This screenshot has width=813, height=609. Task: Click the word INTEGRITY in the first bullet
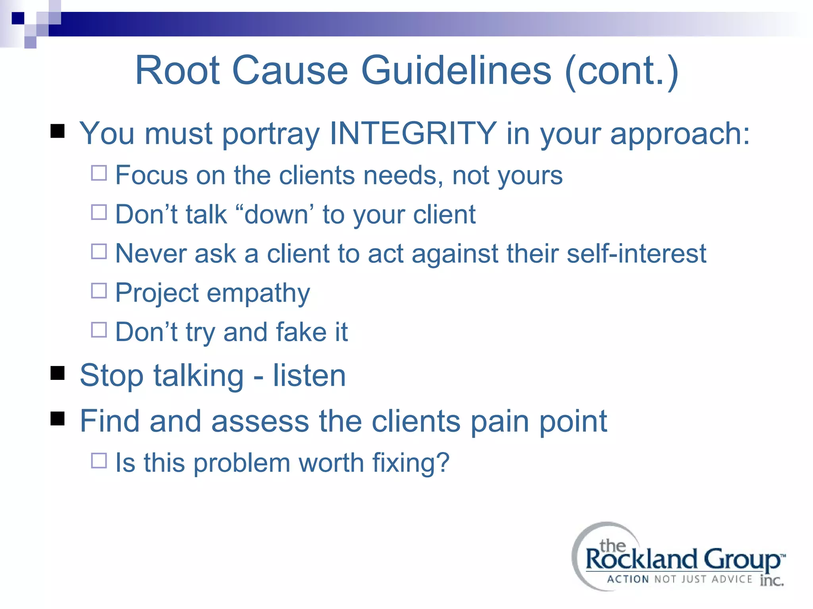tap(413, 134)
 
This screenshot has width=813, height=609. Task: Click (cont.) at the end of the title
tap(621, 71)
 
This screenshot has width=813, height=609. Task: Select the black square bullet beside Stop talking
tap(58, 373)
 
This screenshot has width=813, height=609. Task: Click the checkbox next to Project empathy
tap(99, 291)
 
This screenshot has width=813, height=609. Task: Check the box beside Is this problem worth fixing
tap(99, 461)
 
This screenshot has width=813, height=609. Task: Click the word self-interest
tap(636, 254)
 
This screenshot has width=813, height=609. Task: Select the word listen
tap(309, 375)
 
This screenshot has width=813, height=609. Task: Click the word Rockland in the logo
tap(641, 559)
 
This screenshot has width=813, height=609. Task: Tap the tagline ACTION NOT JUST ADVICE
tap(679, 579)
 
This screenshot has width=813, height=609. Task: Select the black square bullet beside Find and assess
tap(58, 418)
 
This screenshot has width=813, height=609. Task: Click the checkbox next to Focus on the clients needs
tap(99, 173)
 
